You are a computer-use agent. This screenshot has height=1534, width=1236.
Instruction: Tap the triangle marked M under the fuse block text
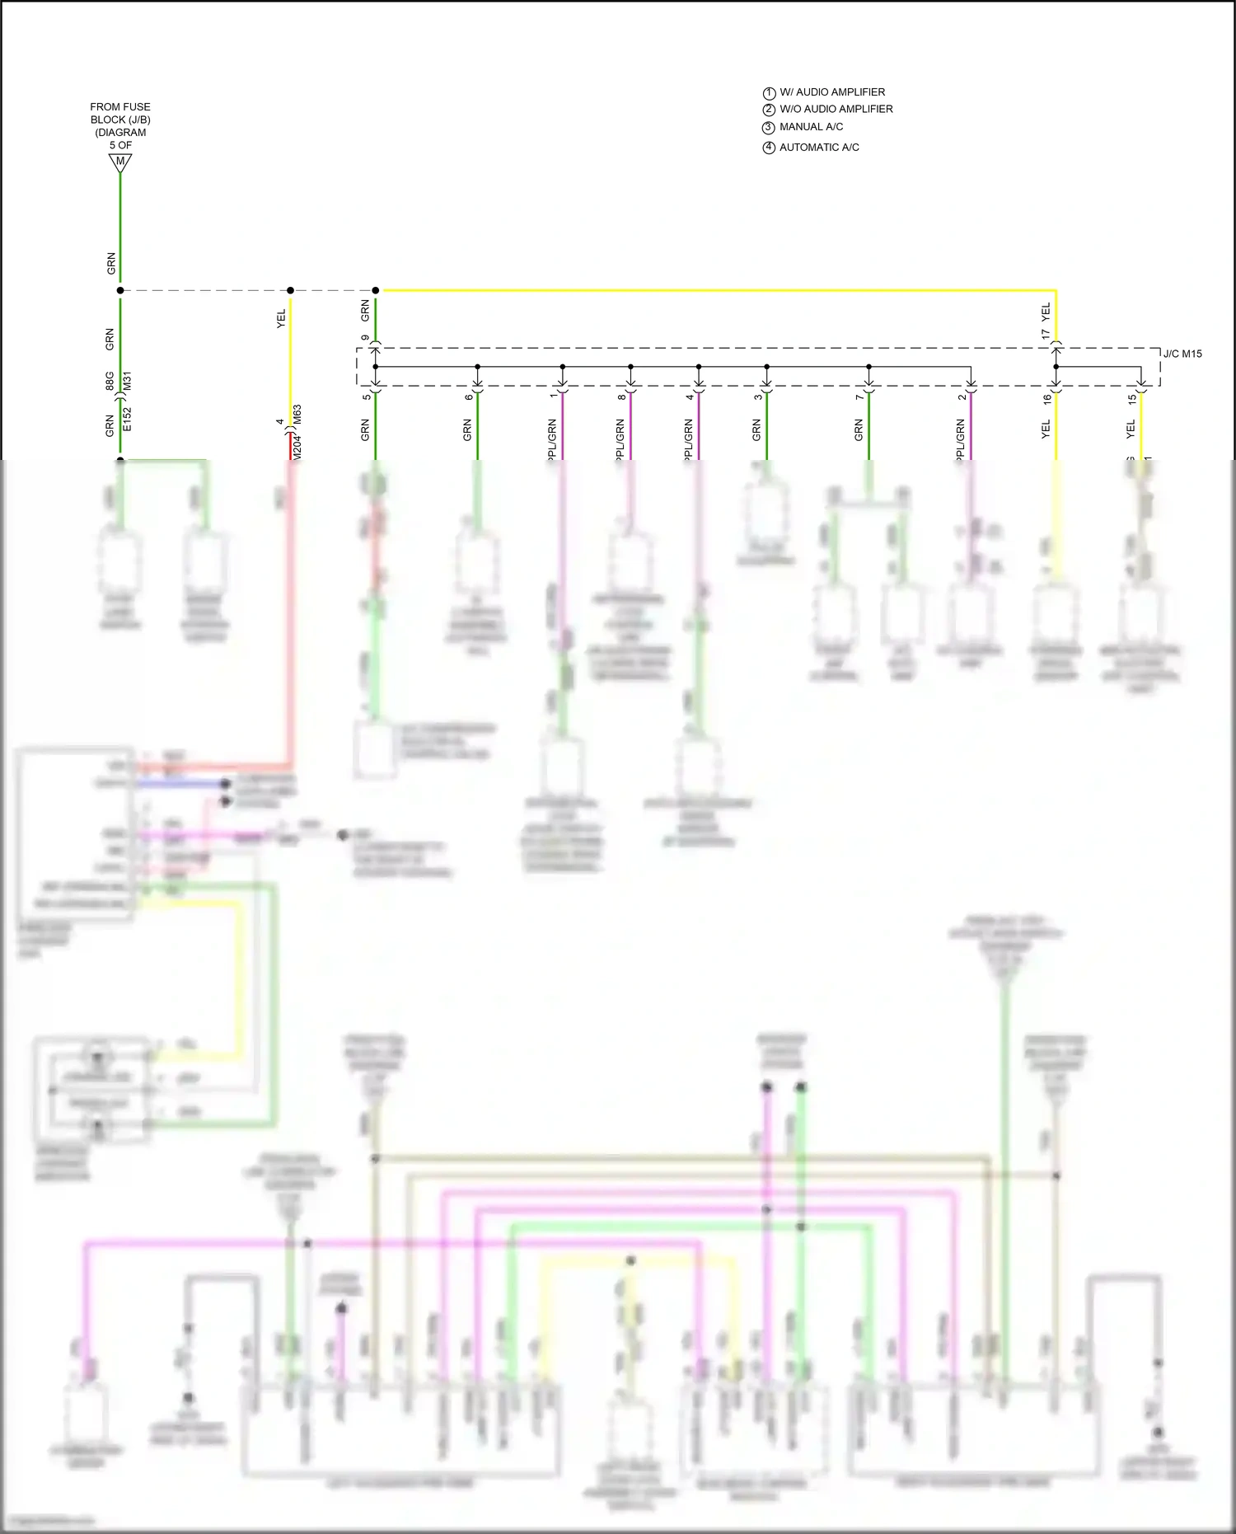click(120, 162)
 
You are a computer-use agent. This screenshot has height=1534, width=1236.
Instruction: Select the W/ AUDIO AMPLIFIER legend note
click(832, 92)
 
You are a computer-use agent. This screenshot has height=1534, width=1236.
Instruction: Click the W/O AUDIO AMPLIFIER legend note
click(836, 109)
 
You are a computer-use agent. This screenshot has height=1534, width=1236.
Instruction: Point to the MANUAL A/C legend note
click(811, 127)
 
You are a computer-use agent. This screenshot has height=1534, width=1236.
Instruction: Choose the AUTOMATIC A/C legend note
click(819, 148)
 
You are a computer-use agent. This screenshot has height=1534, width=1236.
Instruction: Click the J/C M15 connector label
click(1182, 354)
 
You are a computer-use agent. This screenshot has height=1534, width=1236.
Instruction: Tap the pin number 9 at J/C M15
click(366, 338)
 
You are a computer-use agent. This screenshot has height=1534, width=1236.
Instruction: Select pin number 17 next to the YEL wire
click(1046, 335)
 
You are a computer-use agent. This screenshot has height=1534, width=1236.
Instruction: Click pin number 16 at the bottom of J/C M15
click(1047, 399)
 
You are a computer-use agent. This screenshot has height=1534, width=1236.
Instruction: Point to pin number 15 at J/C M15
click(1132, 399)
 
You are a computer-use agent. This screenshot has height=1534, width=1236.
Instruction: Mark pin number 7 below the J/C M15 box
click(859, 397)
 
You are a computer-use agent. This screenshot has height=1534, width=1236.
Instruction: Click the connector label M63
click(297, 415)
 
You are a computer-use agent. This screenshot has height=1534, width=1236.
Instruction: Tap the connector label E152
click(127, 419)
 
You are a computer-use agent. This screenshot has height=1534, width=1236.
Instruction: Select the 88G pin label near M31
click(110, 381)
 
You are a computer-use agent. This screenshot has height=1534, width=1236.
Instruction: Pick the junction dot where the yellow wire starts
click(376, 290)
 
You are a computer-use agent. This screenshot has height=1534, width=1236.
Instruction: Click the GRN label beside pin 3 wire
click(756, 429)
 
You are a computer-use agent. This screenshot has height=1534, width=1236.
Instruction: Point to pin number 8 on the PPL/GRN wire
click(621, 397)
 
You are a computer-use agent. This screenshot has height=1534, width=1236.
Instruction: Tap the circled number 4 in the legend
click(769, 148)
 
